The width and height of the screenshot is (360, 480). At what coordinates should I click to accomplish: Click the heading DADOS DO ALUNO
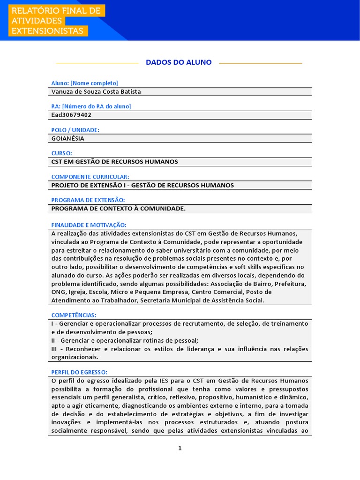(x=179, y=62)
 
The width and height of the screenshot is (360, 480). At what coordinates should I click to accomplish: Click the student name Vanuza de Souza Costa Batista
(x=96, y=91)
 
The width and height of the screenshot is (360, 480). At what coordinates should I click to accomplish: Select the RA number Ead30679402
(x=71, y=115)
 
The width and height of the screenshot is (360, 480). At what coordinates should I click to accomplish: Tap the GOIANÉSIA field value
(x=68, y=138)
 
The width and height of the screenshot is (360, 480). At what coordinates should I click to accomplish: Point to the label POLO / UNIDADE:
(x=75, y=130)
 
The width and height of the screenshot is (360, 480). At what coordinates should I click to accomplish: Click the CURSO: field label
(x=61, y=153)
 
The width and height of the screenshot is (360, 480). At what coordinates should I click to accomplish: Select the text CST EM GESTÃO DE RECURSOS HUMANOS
(x=114, y=162)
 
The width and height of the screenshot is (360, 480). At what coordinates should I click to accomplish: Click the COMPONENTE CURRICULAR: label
(x=90, y=177)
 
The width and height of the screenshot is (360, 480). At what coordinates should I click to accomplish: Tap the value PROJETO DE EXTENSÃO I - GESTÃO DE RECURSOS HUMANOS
(x=142, y=185)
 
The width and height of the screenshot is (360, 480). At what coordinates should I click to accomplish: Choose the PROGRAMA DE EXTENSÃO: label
(x=88, y=200)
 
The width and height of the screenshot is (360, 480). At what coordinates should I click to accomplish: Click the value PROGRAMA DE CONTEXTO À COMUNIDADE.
(x=118, y=209)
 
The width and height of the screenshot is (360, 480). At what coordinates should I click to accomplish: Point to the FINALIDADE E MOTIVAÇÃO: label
(x=89, y=225)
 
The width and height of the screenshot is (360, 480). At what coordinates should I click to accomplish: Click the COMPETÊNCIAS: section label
(x=73, y=315)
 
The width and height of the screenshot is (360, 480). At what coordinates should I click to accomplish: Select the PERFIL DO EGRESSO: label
(x=79, y=372)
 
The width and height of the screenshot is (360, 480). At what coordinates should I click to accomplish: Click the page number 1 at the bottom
(x=180, y=448)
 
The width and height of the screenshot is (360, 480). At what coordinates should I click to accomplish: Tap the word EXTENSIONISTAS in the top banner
(x=47, y=31)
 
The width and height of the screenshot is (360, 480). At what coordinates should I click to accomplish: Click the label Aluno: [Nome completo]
(x=84, y=83)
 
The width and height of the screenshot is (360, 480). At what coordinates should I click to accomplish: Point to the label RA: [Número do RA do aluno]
(x=91, y=106)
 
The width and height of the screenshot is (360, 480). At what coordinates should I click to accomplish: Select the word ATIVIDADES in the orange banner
(x=37, y=21)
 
